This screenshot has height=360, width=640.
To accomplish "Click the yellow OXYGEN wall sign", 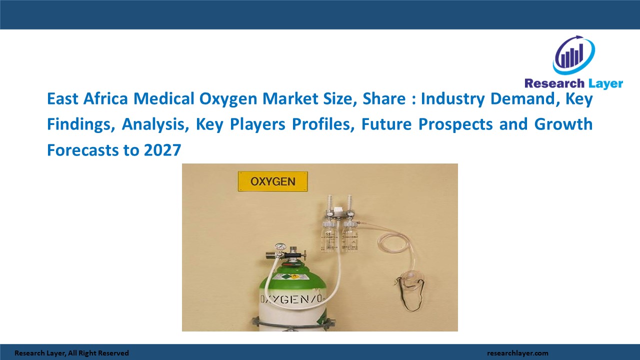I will [x=272, y=181].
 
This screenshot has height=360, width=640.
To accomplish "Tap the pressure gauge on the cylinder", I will [x=280, y=247].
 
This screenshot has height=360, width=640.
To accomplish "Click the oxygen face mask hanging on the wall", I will [x=412, y=277].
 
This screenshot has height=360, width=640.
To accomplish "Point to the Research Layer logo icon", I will [x=573, y=55].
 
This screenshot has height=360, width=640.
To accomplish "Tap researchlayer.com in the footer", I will [x=517, y=353].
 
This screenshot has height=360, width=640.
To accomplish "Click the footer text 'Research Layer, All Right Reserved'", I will [x=71, y=353].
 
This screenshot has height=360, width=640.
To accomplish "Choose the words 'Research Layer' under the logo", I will [x=573, y=83].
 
